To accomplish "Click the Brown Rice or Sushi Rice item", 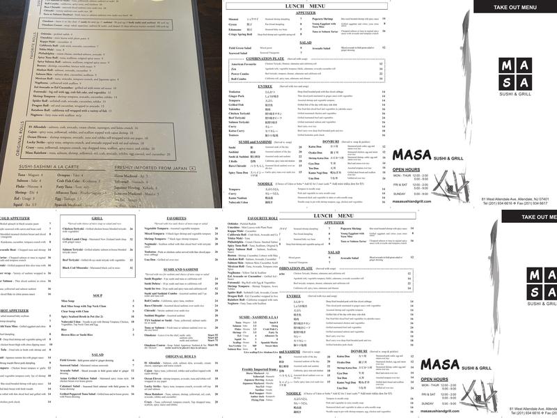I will point(78,336).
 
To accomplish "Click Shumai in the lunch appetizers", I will point(234,19).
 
